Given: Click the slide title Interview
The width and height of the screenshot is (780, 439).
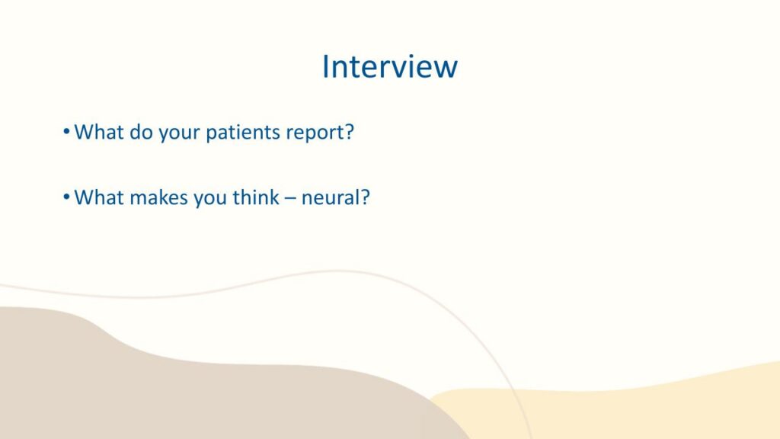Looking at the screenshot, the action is [x=389, y=66].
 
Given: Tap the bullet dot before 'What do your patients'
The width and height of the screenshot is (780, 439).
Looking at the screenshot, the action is [x=67, y=132].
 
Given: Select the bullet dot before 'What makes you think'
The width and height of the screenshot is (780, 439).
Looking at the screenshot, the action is [x=67, y=197].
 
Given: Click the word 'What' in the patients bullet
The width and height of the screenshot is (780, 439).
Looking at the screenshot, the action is [x=99, y=132].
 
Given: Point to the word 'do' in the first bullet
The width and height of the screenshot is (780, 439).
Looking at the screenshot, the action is [x=141, y=132].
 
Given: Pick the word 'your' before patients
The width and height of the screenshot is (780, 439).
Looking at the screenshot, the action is [x=179, y=134].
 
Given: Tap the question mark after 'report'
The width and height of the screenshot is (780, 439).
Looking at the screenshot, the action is [x=349, y=132].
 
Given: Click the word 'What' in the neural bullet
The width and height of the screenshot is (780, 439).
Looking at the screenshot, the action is [x=99, y=197].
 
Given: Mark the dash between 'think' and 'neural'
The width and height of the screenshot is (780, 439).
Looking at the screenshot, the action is [x=290, y=200].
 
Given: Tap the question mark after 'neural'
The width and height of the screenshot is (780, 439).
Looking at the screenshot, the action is [x=365, y=197].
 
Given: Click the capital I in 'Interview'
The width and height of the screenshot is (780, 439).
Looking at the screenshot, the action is [x=325, y=66].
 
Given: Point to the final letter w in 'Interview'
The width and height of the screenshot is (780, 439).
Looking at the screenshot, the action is [x=446, y=69].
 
